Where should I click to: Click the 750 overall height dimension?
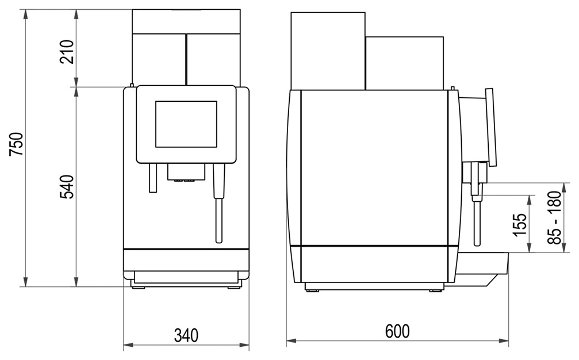click(17, 144)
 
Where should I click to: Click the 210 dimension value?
click(67, 52)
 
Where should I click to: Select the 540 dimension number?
click(67, 187)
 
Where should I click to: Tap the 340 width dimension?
click(186, 336)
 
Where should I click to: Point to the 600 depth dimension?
click(397, 331)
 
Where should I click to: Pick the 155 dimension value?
click(520, 224)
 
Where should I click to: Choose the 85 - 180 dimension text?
click(555, 217)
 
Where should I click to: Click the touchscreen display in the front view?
click(186, 124)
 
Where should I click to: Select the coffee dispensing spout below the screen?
click(186, 173)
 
